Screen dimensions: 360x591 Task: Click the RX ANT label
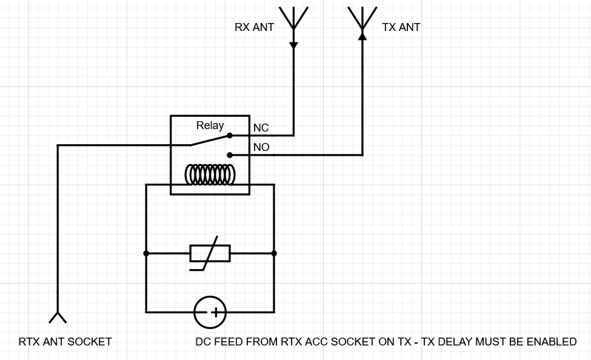point(254,27)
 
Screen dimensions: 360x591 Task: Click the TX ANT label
point(401,27)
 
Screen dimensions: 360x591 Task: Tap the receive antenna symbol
point(293,18)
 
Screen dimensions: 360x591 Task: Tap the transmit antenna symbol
point(362,18)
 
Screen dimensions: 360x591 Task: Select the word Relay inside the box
point(210,125)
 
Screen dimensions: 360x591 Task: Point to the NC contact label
point(261,128)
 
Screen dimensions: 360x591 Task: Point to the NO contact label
point(261,147)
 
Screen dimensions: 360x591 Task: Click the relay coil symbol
point(210,175)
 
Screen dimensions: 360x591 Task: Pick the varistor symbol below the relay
point(210,253)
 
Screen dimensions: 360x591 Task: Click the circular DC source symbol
point(210,312)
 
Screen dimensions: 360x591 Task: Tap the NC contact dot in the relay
point(230,136)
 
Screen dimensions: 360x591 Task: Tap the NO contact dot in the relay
point(230,155)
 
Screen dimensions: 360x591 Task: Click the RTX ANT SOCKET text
point(65,342)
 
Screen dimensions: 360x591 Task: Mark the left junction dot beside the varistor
point(146,253)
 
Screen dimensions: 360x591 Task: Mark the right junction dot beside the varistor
point(274,253)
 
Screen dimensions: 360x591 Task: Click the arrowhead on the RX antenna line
point(293,45)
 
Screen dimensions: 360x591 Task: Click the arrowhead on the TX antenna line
point(362,36)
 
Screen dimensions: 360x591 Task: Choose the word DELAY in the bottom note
point(453,342)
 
